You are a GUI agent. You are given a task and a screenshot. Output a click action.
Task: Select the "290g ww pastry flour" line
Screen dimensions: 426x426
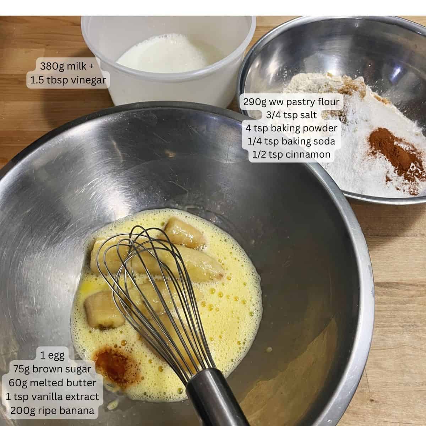[x=291, y=102]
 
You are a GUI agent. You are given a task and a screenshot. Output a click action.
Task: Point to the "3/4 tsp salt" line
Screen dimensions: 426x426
[x=291, y=115]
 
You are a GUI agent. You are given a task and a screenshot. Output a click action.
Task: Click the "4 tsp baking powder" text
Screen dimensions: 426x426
[x=291, y=128]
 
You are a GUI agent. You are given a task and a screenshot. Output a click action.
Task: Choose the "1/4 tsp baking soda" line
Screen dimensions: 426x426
[x=291, y=141]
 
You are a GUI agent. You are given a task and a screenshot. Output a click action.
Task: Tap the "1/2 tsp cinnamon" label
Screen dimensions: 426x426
[x=291, y=154]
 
